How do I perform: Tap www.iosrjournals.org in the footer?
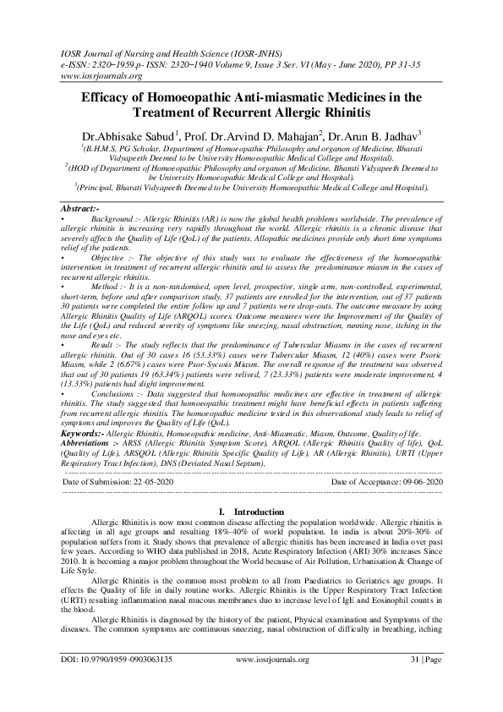coord(276,679)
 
